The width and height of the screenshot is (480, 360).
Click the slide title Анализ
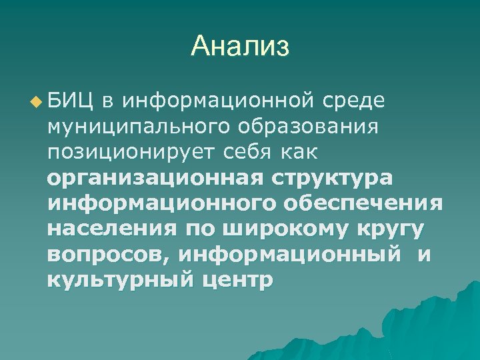(239, 47)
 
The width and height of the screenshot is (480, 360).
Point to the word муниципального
(129, 127)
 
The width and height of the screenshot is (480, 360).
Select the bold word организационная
(155, 178)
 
